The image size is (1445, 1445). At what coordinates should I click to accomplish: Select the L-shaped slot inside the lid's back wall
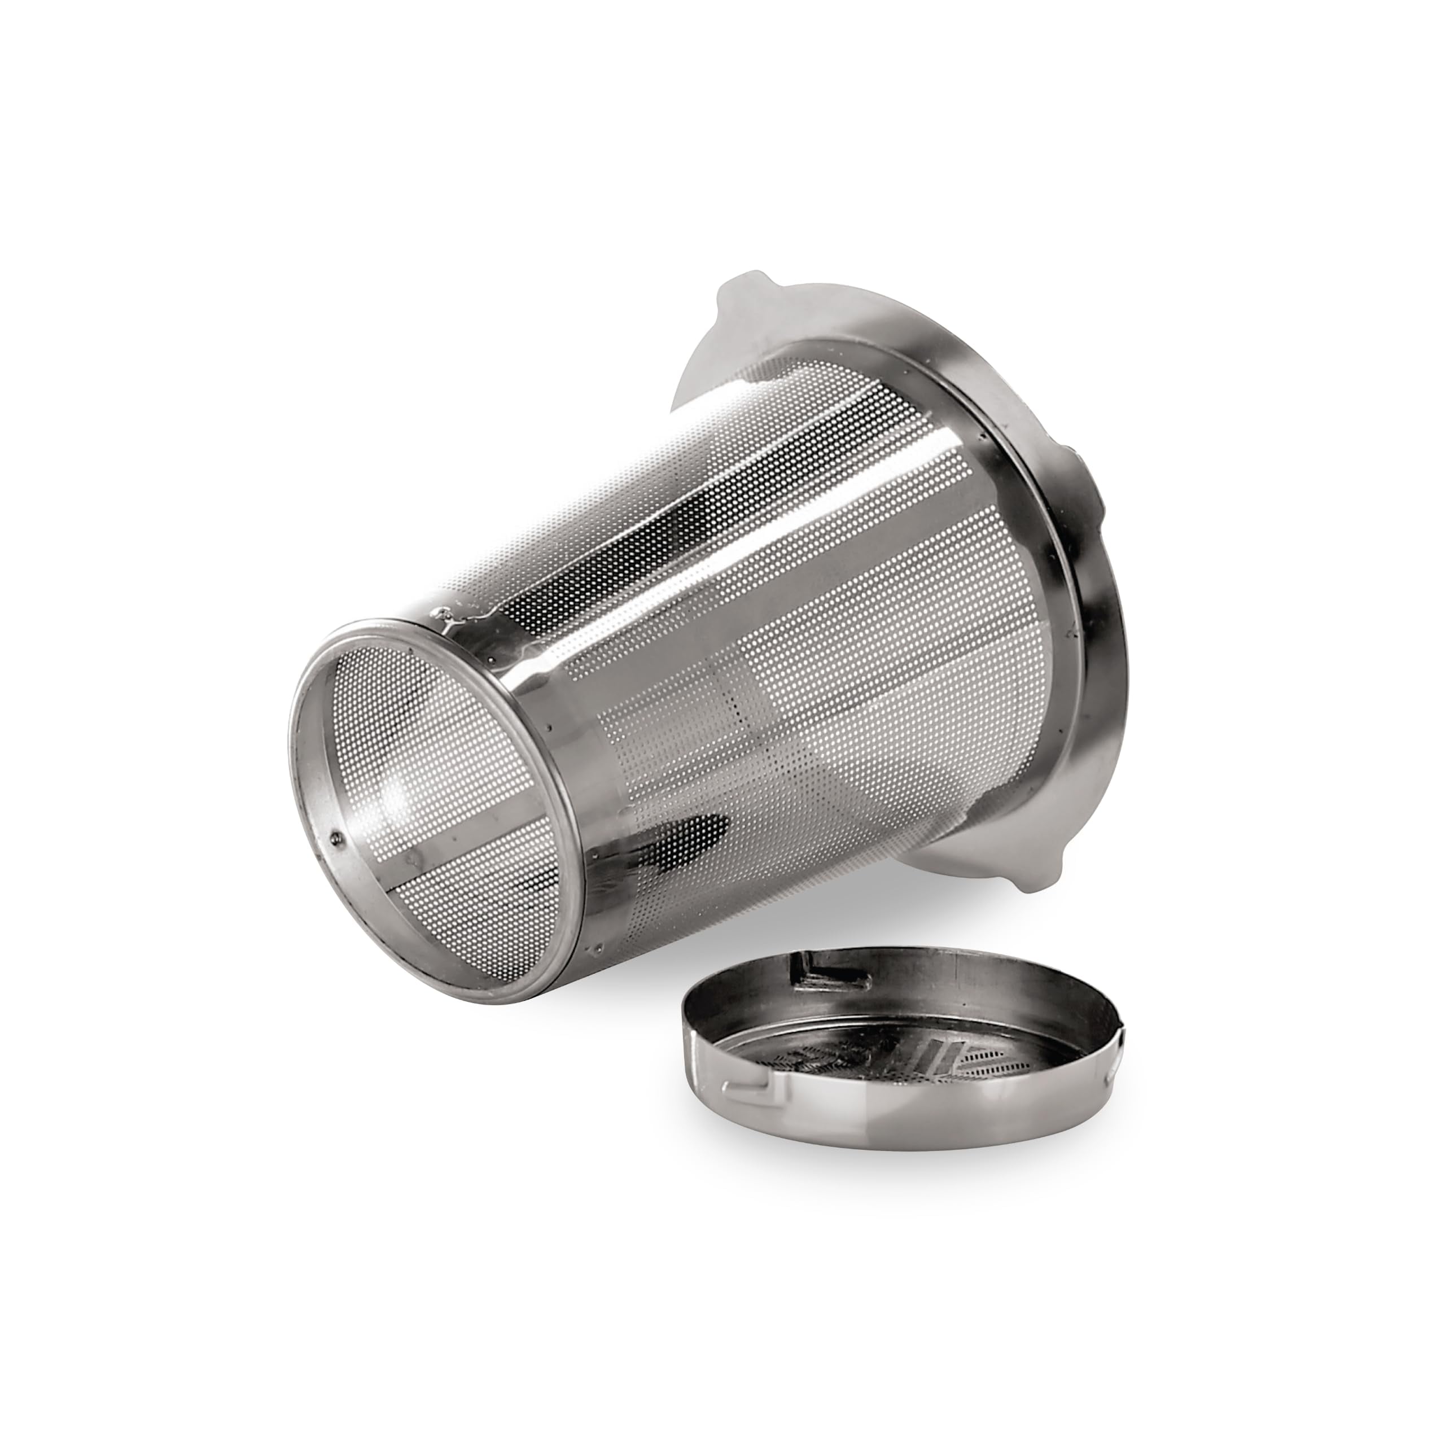[812, 995]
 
